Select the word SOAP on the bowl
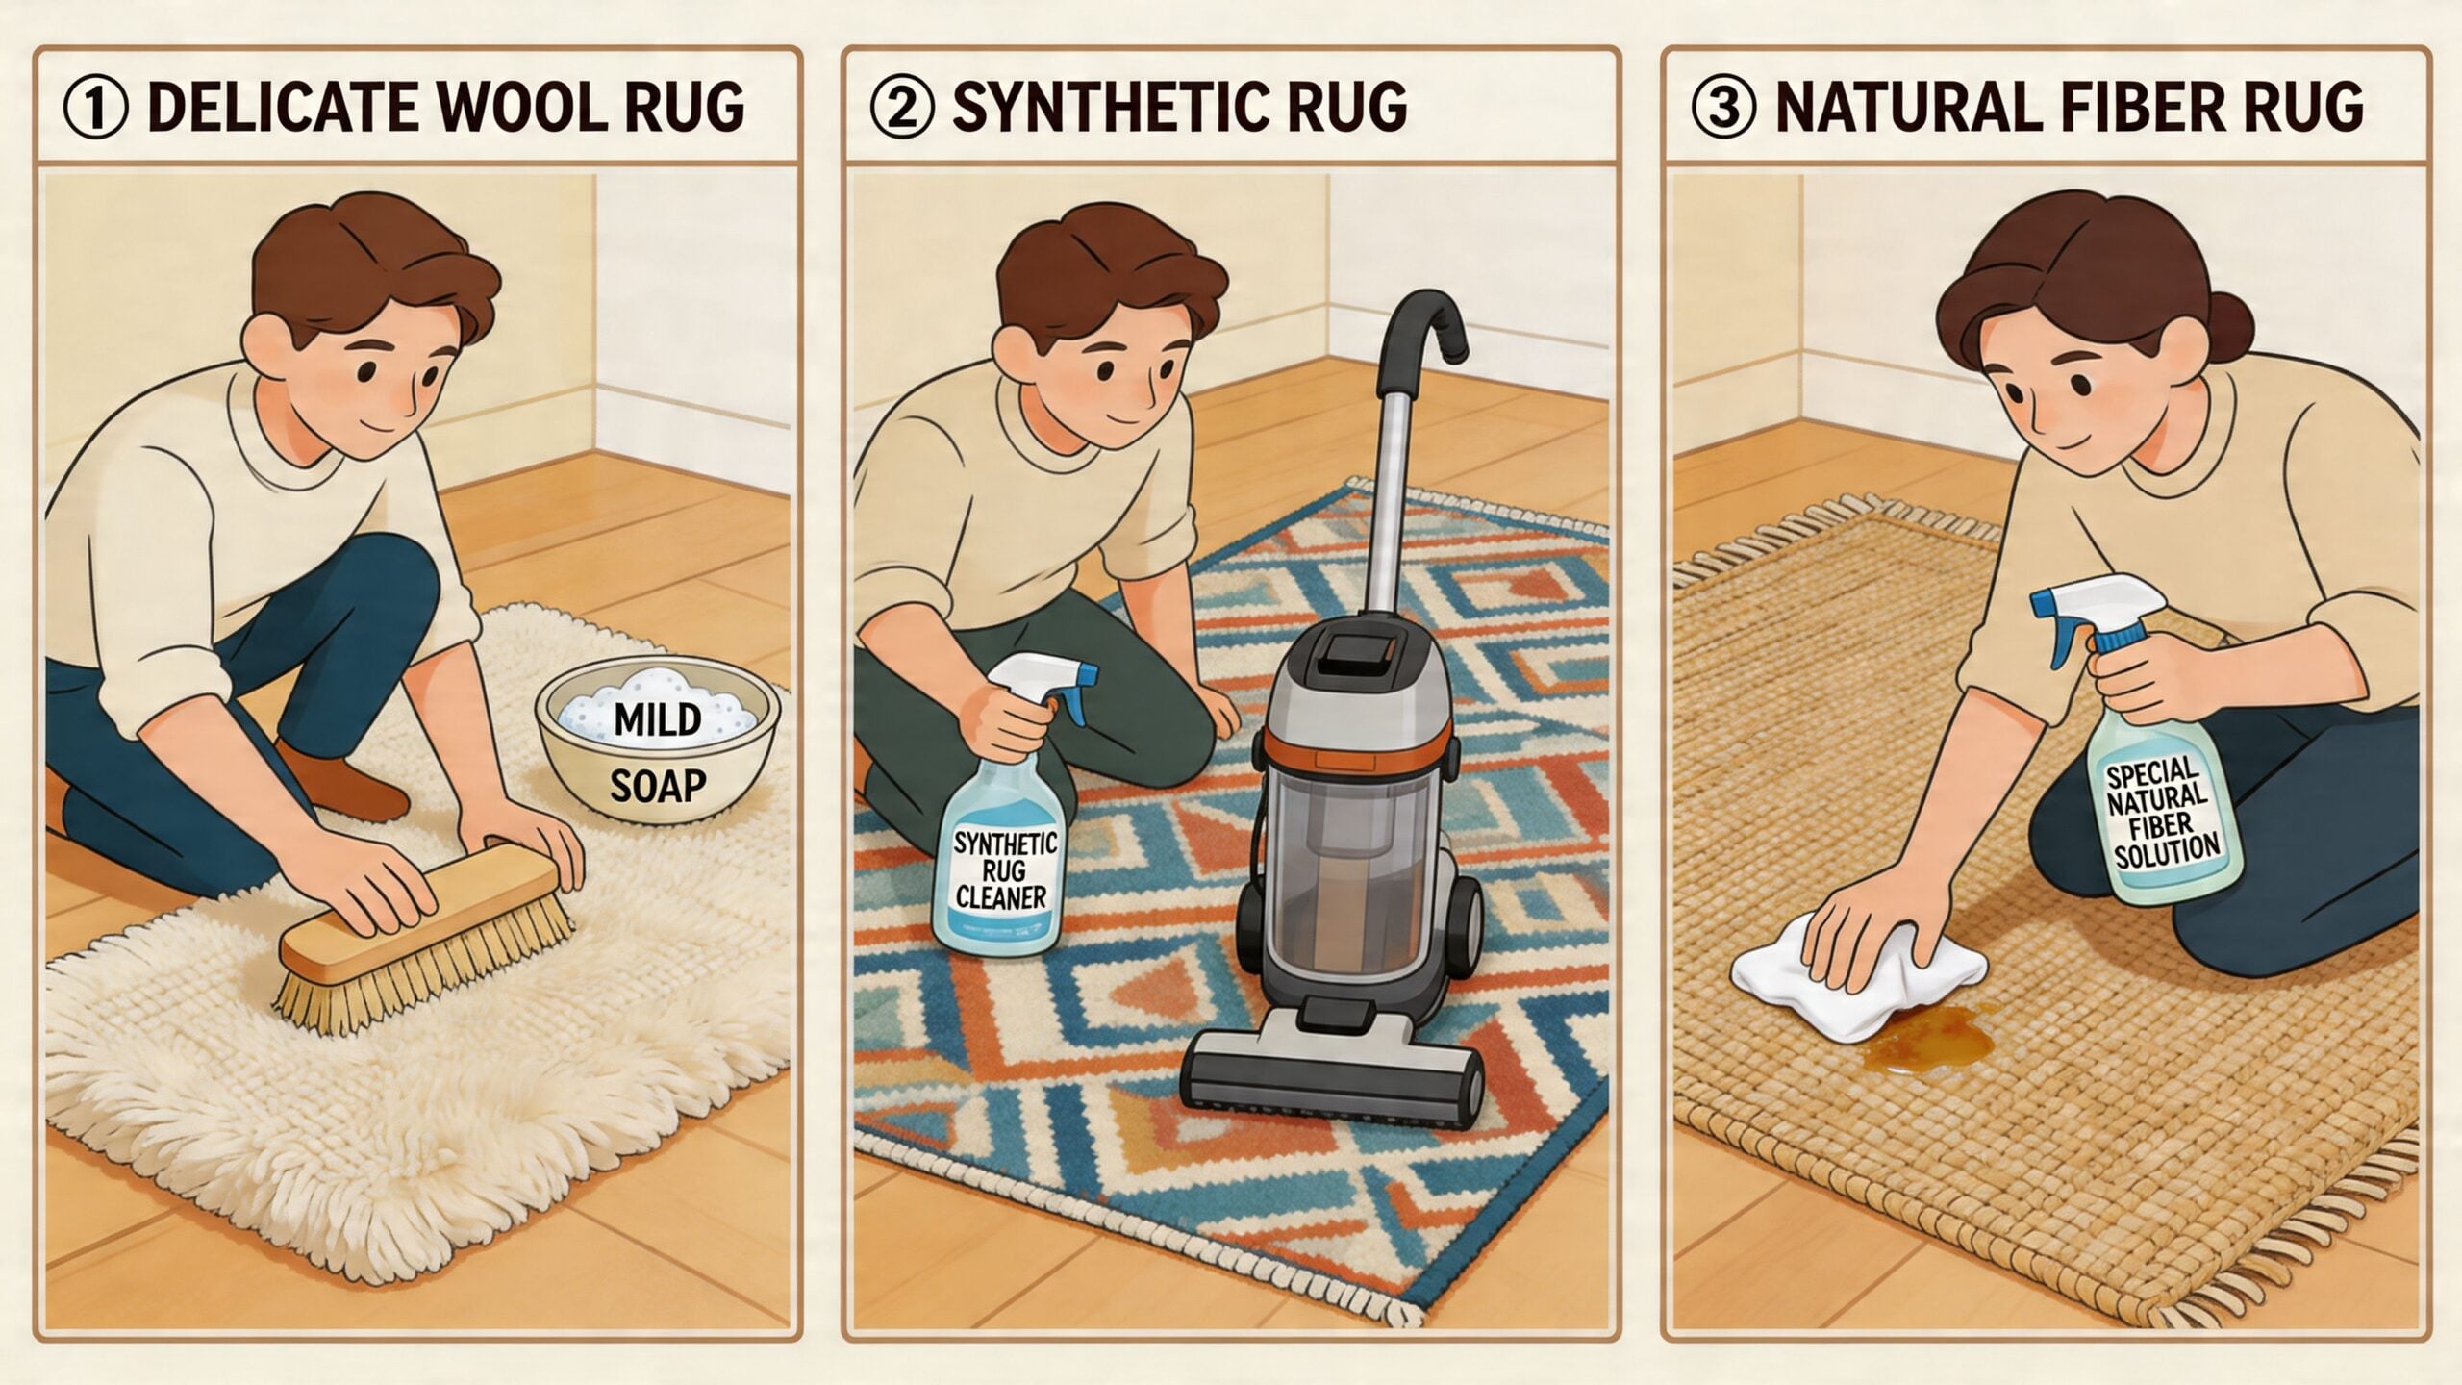point(657,787)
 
